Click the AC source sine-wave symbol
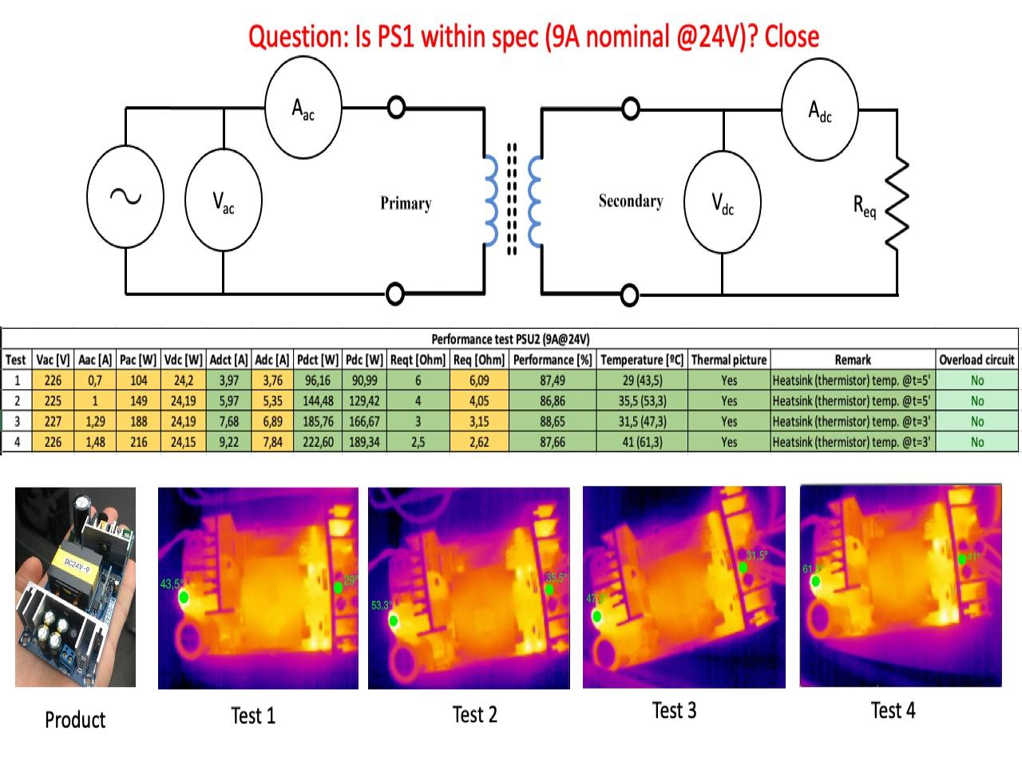click(x=125, y=196)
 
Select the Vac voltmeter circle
click(x=223, y=202)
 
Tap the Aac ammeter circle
click(x=303, y=108)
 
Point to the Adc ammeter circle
click(x=820, y=110)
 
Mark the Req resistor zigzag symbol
click(x=897, y=203)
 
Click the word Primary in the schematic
click(x=406, y=203)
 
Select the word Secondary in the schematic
click(x=631, y=201)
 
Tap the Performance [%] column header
click(x=553, y=360)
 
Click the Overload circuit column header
click(x=976, y=360)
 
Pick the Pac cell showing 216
click(x=139, y=442)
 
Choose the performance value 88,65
click(x=553, y=421)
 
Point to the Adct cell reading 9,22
click(x=228, y=442)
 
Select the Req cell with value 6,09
click(x=479, y=381)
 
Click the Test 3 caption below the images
click(x=674, y=710)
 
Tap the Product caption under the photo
click(x=75, y=720)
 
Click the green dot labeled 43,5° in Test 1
click(x=184, y=597)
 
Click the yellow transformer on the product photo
click(x=75, y=571)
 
